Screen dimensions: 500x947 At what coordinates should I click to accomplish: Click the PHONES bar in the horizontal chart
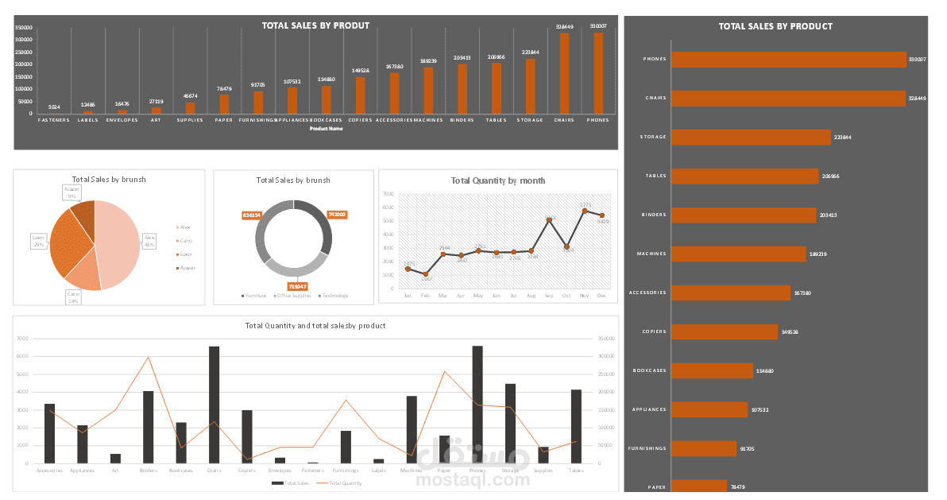pyautogui.click(x=789, y=59)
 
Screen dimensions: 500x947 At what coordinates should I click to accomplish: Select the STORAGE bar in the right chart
pyautogui.click(x=751, y=137)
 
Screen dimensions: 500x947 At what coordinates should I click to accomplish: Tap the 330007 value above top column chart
pyautogui.click(x=598, y=26)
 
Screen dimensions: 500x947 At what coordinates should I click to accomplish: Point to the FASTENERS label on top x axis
pyautogui.click(x=53, y=120)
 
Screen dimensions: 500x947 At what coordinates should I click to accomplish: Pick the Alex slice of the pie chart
pyautogui.click(x=119, y=242)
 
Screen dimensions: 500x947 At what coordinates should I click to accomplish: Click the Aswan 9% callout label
pyautogui.click(x=72, y=192)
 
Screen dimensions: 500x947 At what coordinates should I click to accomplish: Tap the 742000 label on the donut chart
pyautogui.click(x=337, y=215)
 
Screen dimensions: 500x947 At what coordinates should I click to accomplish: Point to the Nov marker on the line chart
pyautogui.click(x=585, y=211)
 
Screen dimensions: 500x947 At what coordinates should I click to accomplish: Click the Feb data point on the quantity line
pyautogui.click(x=426, y=274)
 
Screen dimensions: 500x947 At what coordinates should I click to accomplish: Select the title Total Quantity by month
pyautogui.click(x=497, y=180)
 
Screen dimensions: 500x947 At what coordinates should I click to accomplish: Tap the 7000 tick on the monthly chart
pyautogui.click(x=388, y=193)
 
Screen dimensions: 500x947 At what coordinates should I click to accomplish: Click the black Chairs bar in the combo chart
pyautogui.click(x=214, y=404)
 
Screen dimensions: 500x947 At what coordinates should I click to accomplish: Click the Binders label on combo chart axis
pyautogui.click(x=148, y=471)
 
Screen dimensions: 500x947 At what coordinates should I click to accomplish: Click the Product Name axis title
pyautogui.click(x=326, y=128)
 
